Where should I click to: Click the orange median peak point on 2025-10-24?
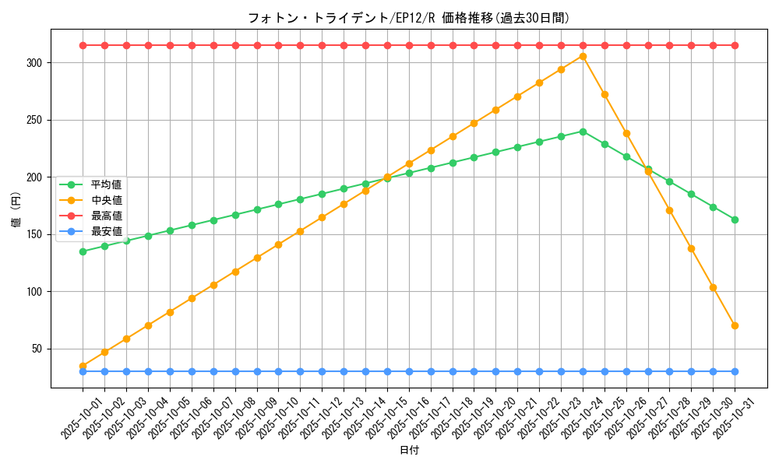pos(583,56)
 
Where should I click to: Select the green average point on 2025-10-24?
pos(583,132)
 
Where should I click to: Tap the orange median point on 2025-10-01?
pos(83,366)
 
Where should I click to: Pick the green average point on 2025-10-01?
pos(83,251)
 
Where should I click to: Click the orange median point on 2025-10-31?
pos(735,325)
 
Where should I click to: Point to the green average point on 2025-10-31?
pos(735,219)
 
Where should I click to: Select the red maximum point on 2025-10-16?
pos(409,45)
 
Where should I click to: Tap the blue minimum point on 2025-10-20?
pos(495,371)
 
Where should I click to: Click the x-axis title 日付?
pos(409,451)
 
